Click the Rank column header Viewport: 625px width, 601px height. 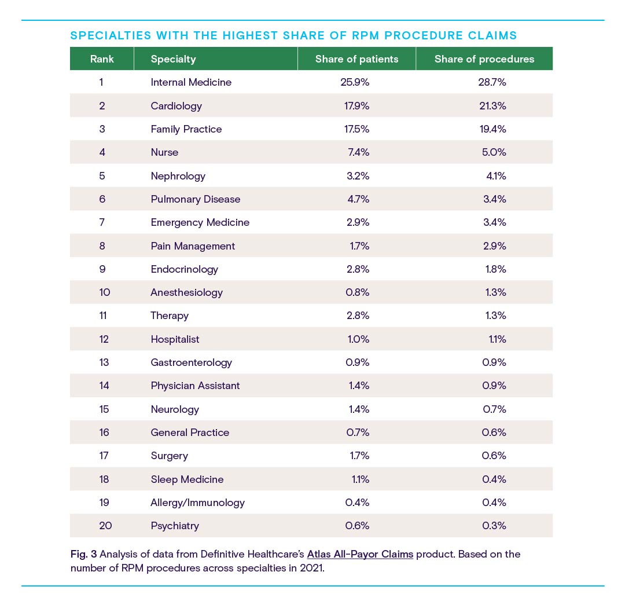coord(102,59)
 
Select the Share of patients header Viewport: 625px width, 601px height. coord(356,59)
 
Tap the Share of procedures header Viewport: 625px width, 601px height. coord(484,59)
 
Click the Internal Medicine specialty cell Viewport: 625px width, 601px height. coord(191,82)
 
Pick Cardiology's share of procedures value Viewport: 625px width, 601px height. coord(492,106)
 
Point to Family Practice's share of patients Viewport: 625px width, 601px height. coord(356,129)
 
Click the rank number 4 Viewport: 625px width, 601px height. coord(102,152)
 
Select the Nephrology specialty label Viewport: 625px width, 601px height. coord(178,176)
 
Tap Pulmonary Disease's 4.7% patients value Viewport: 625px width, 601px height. coord(358,199)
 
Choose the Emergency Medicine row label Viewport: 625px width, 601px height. coord(200,222)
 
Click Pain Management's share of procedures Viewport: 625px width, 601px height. coord(495,245)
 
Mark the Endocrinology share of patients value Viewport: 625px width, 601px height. coord(358,269)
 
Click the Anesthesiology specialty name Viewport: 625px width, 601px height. coord(186,292)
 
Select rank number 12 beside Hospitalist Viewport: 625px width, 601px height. coord(104,339)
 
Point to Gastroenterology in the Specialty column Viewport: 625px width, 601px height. coord(192,362)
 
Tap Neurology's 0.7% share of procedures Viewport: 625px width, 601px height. coord(494,409)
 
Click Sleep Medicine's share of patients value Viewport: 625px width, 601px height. coord(361,479)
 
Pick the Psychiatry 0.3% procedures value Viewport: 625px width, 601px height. coord(494,526)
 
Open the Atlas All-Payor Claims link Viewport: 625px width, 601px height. coord(360,554)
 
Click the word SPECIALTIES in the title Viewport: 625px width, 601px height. coord(111,35)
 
